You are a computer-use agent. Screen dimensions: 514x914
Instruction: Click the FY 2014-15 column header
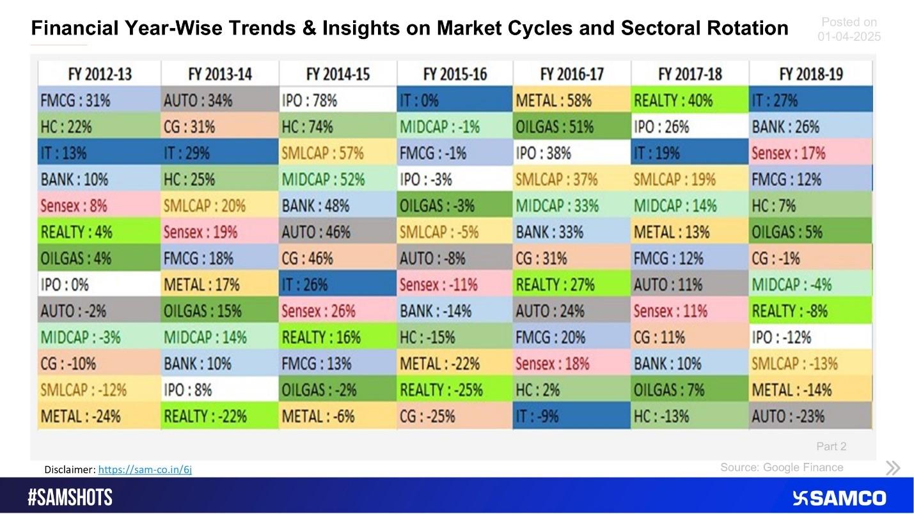tap(338, 74)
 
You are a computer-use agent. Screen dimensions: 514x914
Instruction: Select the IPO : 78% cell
tap(338, 100)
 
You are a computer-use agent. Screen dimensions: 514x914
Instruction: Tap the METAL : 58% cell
tap(571, 100)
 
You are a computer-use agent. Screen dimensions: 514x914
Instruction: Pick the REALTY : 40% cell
tap(689, 100)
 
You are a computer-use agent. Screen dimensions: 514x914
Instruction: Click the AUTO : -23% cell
tap(810, 416)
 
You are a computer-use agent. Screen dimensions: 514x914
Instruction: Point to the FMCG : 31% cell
tap(98, 100)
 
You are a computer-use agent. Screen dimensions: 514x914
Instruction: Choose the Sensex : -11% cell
tap(454, 284)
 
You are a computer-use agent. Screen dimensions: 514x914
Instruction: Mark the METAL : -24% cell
tap(98, 416)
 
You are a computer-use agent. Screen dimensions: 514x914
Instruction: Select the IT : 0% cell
tap(454, 100)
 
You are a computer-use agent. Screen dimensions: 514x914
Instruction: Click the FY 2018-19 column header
tap(810, 74)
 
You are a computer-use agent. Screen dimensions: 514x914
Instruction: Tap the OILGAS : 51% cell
tap(571, 127)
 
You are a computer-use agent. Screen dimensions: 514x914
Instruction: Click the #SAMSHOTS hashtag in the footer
tap(70, 497)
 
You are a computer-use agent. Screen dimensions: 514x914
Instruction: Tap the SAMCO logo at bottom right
tap(839, 498)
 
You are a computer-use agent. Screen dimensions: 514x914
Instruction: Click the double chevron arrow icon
tap(893, 468)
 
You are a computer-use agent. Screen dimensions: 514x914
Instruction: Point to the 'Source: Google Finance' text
tap(782, 467)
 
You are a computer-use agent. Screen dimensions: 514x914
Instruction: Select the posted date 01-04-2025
tap(849, 37)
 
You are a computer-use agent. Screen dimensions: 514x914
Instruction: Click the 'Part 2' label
tap(831, 446)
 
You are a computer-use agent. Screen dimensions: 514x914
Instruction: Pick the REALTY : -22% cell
tap(219, 416)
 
